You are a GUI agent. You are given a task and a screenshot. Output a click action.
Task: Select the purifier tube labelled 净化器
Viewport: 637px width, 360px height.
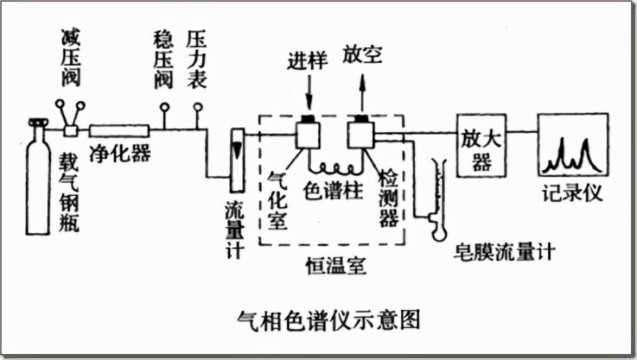click(119, 130)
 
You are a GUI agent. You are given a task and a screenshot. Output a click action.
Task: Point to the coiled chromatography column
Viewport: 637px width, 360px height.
click(334, 168)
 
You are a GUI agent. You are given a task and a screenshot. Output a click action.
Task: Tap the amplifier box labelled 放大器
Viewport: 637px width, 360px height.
click(482, 146)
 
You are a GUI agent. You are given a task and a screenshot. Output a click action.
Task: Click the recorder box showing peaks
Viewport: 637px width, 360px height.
click(573, 146)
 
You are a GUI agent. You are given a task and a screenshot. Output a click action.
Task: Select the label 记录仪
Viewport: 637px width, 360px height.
click(573, 193)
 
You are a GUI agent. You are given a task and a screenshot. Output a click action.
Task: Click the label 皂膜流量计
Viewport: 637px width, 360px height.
click(504, 251)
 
